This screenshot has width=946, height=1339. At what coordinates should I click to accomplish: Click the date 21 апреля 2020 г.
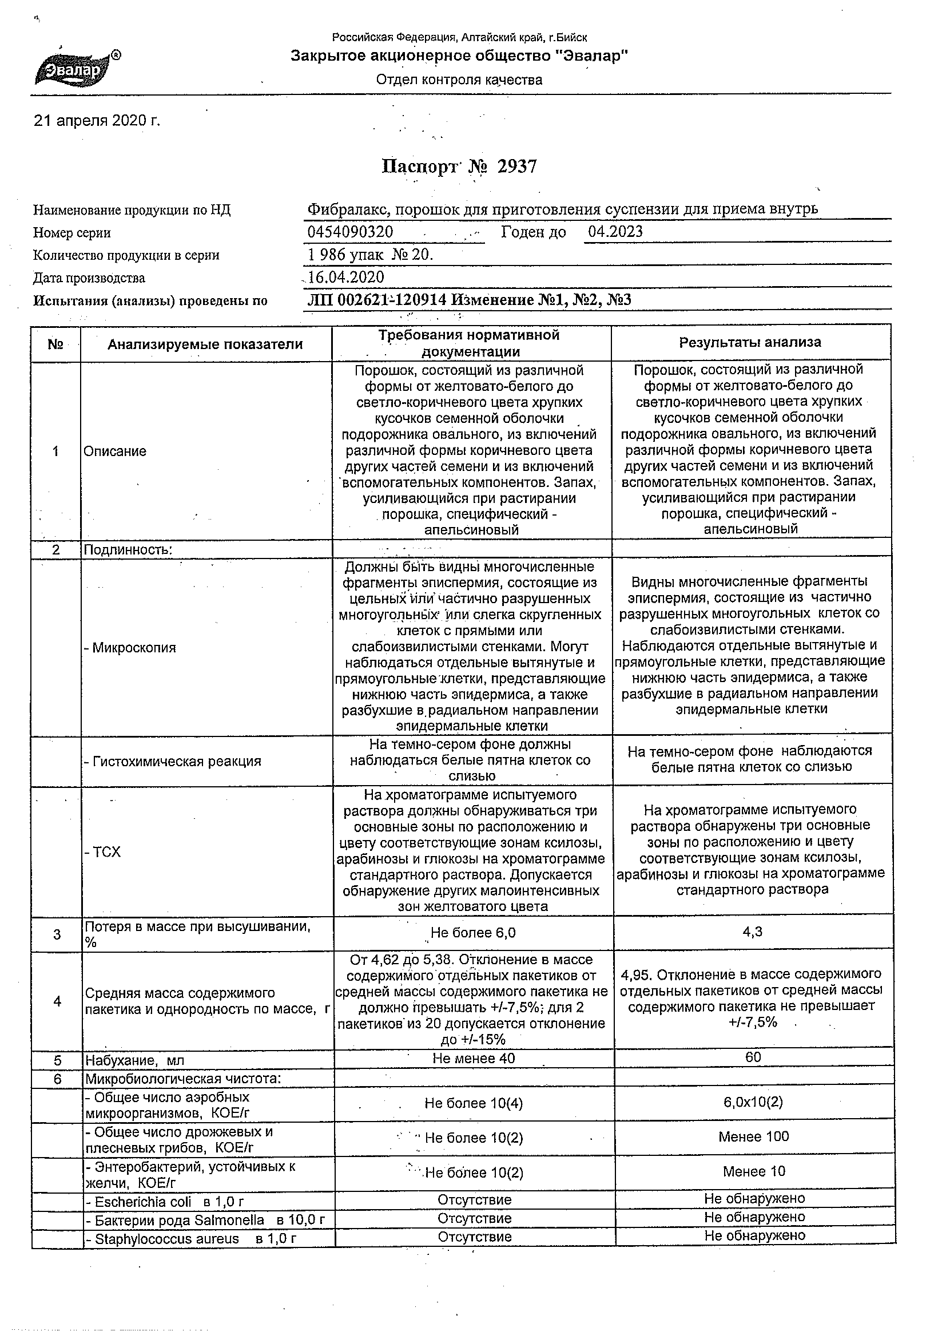coord(97,121)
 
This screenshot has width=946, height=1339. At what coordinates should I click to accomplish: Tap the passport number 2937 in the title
coord(517,167)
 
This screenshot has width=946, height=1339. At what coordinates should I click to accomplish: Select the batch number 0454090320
coord(349,232)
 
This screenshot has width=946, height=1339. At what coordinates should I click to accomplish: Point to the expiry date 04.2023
coord(615,232)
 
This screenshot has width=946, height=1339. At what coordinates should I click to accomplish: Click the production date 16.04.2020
coord(346,277)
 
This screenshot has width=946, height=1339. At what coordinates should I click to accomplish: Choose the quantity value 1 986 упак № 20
coord(370,255)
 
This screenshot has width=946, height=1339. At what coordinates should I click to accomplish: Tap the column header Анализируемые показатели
coord(205,344)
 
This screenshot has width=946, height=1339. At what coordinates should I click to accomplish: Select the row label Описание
coord(115,451)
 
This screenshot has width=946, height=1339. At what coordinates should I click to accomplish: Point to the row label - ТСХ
coord(102,852)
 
